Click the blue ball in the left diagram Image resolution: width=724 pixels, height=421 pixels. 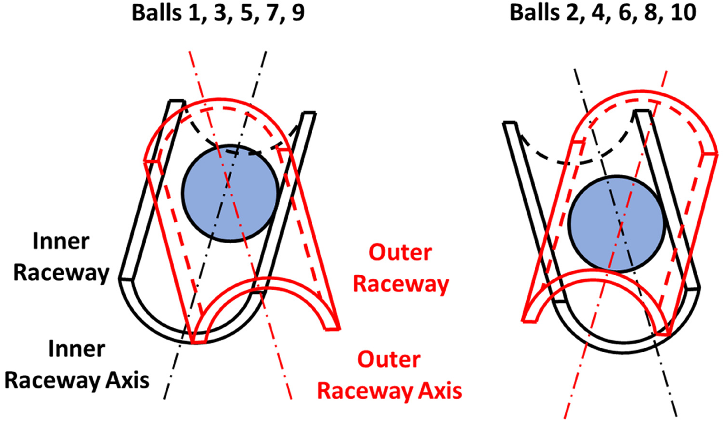coord(230,193)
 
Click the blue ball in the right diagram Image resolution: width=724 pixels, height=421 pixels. coord(616,224)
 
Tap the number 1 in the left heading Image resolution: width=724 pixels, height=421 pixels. coord(195,13)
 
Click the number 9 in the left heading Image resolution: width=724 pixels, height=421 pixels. coord(298,13)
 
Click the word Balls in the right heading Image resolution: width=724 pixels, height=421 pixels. coord(535,13)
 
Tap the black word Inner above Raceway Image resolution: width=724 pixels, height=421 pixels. coord(61,241)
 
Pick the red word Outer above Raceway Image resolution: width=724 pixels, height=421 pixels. coord(400,253)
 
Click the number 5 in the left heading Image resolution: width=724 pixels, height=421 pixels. coord(246,13)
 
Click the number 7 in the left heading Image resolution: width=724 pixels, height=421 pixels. coord(272,13)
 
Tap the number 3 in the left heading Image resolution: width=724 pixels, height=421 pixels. coord(220,13)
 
